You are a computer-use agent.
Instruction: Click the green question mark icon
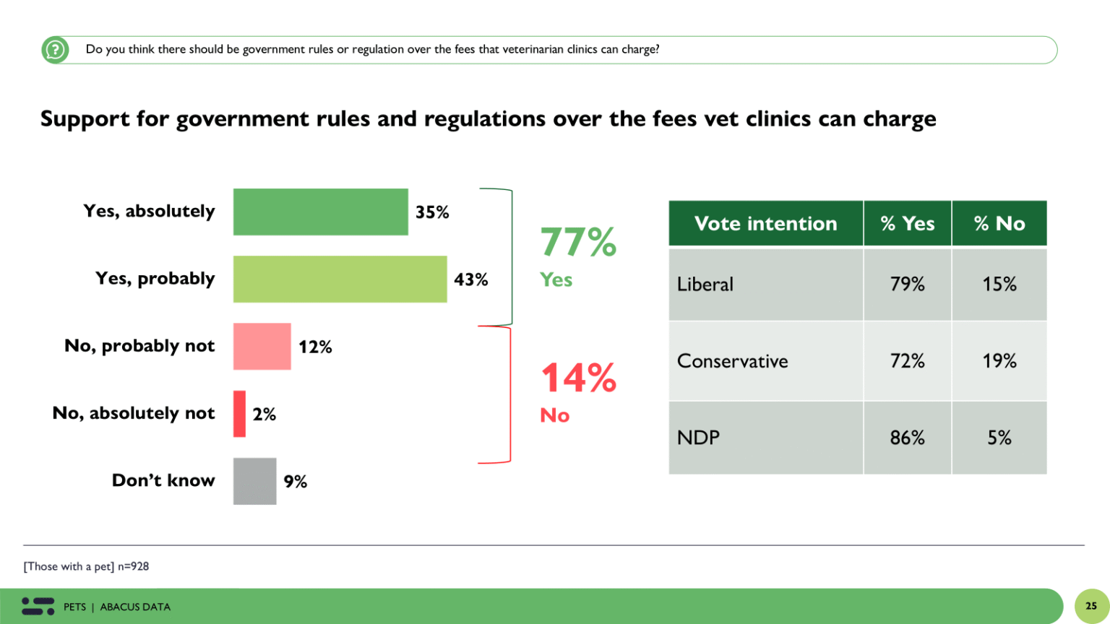[x=55, y=50]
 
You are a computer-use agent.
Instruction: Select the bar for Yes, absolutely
[x=320, y=212]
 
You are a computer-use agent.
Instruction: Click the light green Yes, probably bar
[x=340, y=279]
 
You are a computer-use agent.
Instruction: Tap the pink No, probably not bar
[x=262, y=347]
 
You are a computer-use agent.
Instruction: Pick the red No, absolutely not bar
[x=239, y=414]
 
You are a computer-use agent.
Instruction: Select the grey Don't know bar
[x=254, y=481]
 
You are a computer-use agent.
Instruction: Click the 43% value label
[x=470, y=279]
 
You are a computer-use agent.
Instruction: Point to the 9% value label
[x=295, y=482]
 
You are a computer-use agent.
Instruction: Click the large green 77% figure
[x=578, y=242]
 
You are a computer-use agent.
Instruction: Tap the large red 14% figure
[x=578, y=378]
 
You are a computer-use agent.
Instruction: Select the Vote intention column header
[x=765, y=224]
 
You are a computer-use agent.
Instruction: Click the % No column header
[x=999, y=224]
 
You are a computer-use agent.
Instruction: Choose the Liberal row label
[x=705, y=285]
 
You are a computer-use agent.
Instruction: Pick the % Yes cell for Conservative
[x=907, y=361]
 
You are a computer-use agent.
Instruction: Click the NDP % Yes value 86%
[x=907, y=438]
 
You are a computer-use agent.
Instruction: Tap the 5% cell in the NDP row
[x=999, y=438]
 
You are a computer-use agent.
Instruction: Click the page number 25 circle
[x=1090, y=606]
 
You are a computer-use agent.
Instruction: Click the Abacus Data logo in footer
[x=38, y=606]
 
